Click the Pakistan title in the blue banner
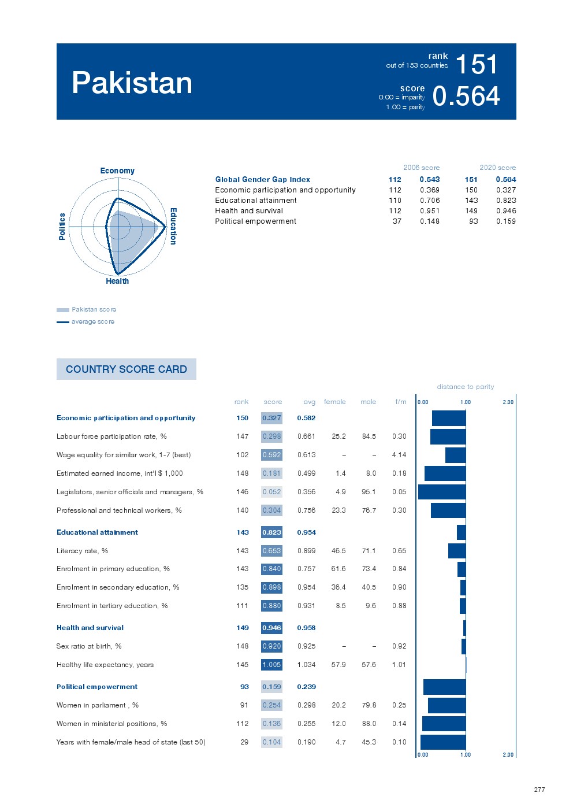pyautogui.click(x=132, y=83)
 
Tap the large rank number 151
pyautogui.click(x=476, y=64)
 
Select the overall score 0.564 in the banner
pyautogui.click(x=466, y=96)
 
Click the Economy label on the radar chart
pyautogui.click(x=117, y=171)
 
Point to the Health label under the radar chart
pyautogui.click(x=117, y=281)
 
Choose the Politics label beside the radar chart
pyautogui.click(x=62, y=226)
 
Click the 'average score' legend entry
pyautogui.click(x=92, y=322)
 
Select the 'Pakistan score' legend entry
pyautogui.click(x=94, y=310)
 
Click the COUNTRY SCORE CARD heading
pyautogui.click(x=126, y=369)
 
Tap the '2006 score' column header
pyautogui.click(x=421, y=168)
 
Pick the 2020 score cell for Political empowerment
pyautogui.click(x=505, y=221)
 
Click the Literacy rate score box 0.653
pyautogui.click(x=271, y=551)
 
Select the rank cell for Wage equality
pyautogui.click(x=242, y=455)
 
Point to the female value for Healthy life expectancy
pyautogui.click(x=338, y=665)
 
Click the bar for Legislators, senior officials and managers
pyautogui.click(x=442, y=492)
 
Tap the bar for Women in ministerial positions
pyautogui.click(x=444, y=724)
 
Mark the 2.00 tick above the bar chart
pyautogui.click(x=508, y=402)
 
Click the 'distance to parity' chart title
pyautogui.click(x=465, y=387)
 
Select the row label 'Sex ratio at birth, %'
pyautogui.click(x=89, y=646)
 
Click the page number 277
pyautogui.click(x=539, y=790)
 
